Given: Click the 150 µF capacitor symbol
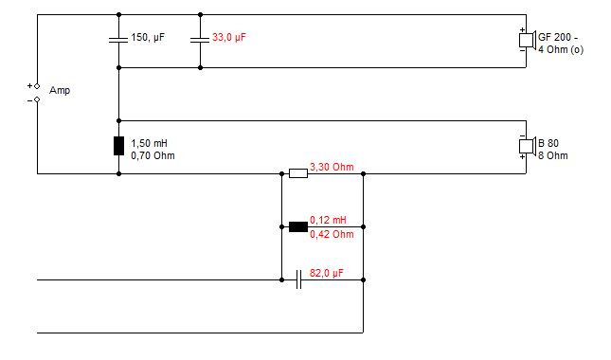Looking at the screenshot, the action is [118, 40].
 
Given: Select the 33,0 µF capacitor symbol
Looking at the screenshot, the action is [200, 40].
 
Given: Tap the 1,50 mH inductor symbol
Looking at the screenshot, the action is [118, 146].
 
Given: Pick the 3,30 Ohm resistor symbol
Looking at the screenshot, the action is [298, 173].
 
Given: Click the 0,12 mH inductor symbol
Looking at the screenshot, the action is [298, 226].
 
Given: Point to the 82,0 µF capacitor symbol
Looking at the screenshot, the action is [298, 279].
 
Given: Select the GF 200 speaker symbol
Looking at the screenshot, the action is [528, 40].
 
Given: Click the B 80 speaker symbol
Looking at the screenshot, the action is [528, 146].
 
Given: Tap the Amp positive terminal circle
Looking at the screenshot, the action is [37, 86].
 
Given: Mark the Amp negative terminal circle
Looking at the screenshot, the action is [37, 99].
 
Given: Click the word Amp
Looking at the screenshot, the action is [60, 90].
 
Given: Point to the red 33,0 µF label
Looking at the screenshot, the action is [229, 37].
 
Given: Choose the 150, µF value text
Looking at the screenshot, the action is [148, 37].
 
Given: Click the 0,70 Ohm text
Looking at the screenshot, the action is [153, 156].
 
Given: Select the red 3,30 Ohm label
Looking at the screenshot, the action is [332, 167].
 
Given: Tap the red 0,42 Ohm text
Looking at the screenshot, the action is [332, 234].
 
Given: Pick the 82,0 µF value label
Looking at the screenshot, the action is [327, 273].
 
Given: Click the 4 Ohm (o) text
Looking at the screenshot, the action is [561, 49].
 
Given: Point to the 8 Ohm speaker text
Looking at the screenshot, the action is [553, 156].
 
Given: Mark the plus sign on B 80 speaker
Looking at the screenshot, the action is [522, 156].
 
